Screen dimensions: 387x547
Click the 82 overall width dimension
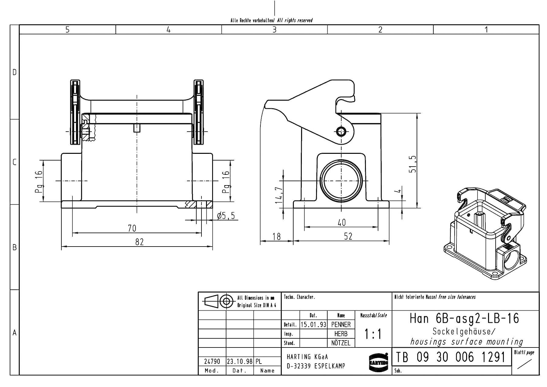(x=139, y=242)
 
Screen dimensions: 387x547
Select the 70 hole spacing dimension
(x=132, y=228)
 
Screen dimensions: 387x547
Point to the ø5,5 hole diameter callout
(x=226, y=216)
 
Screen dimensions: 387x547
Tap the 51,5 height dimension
(x=412, y=164)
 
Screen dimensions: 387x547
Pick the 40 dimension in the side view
(x=342, y=223)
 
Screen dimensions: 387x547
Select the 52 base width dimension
(x=348, y=236)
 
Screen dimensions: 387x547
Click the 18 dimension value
(x=277, y=237)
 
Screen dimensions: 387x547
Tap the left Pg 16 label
(x=38, y=182)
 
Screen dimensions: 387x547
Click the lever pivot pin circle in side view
(x=341, y=132)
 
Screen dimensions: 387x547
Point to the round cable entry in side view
(x=341, y=181)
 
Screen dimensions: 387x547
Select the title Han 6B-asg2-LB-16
(x=464, y=319)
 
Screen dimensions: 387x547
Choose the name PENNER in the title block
(x=341, y=325)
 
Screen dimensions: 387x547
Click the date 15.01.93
(x=313, y=325)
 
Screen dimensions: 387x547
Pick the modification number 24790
(x=212, y=362)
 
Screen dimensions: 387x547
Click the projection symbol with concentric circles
(x=226, y=302)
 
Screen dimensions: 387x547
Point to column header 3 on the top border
(x=274, y=29)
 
